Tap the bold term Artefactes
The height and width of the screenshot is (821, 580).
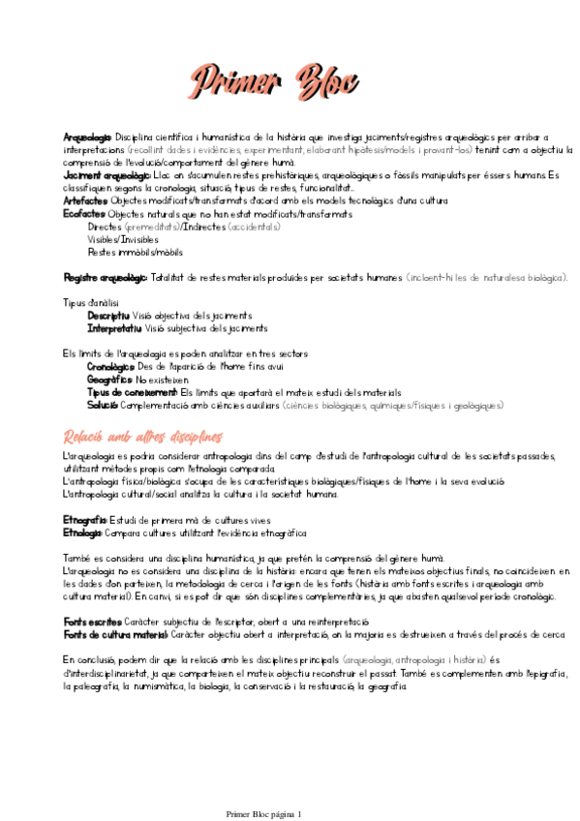pyautogui.click(x=85, y=200)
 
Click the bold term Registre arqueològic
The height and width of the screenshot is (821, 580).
pyautogui.click(x=105, y=278)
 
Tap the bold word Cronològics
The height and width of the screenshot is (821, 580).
pyautogui.click(x=110, y=367)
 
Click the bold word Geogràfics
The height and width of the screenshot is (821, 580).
pyautogui.click(x=108, y=380)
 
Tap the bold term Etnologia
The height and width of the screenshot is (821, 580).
pyautogui.click(x=82, y=532)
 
